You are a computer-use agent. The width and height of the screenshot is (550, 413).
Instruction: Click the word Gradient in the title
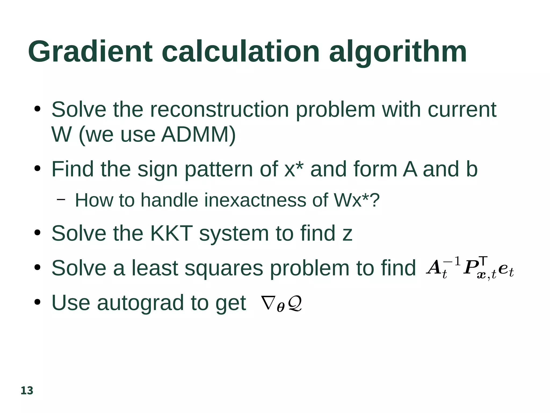[x=90, y=52]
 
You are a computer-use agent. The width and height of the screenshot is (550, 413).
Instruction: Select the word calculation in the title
[x=240, y=52]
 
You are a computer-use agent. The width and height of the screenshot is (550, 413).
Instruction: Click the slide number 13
[x=27, y=391]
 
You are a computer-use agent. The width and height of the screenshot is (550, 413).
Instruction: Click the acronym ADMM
[x=198, y=134]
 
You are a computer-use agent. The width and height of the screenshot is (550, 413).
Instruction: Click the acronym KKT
[x=171, y=233]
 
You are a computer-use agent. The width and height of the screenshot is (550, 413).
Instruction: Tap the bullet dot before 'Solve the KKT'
[x=37, y=233]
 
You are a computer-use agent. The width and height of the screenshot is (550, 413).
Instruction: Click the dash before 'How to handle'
[x=61, y=200]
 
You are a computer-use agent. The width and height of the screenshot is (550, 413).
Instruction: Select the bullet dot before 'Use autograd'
[x=37, y=302]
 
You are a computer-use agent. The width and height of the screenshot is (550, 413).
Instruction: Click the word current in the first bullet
[x=462, y=110]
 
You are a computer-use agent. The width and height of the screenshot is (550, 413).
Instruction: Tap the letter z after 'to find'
[x=347, y=234]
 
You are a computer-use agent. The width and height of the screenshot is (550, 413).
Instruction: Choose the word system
[x=234, y=234]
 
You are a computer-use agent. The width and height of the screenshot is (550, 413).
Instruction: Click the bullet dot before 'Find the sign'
[x=37, y=169]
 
